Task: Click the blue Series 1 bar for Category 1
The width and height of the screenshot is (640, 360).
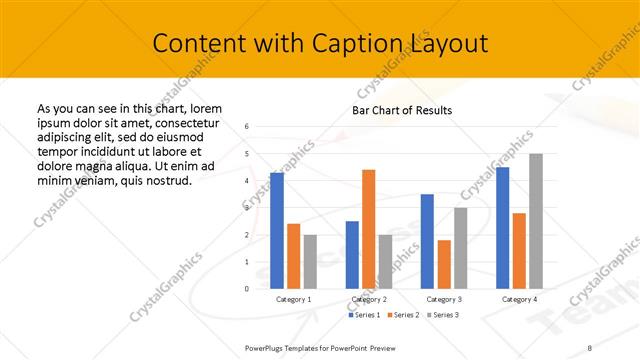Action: pos(277,230)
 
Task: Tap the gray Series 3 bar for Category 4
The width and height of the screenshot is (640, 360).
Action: pos(535,221)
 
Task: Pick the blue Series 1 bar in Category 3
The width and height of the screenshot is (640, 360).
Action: pos(427,241)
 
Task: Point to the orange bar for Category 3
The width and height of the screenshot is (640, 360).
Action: pos(444,264)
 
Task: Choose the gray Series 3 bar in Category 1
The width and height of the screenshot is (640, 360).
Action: pos(310,261)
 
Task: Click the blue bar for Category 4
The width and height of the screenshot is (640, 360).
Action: pos(502,227)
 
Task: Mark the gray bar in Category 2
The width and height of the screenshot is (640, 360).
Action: pos(385,261)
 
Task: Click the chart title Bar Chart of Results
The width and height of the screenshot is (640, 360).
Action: pos(402,110)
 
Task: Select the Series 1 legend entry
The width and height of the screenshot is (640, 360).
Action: pos(363,315)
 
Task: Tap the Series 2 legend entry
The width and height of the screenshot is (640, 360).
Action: pos(403,315)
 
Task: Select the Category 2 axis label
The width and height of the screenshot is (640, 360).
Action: pos(368,299)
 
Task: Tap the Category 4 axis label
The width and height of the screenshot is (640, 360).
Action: pos(518,299)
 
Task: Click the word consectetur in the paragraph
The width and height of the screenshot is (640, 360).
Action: pos(184,120)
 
